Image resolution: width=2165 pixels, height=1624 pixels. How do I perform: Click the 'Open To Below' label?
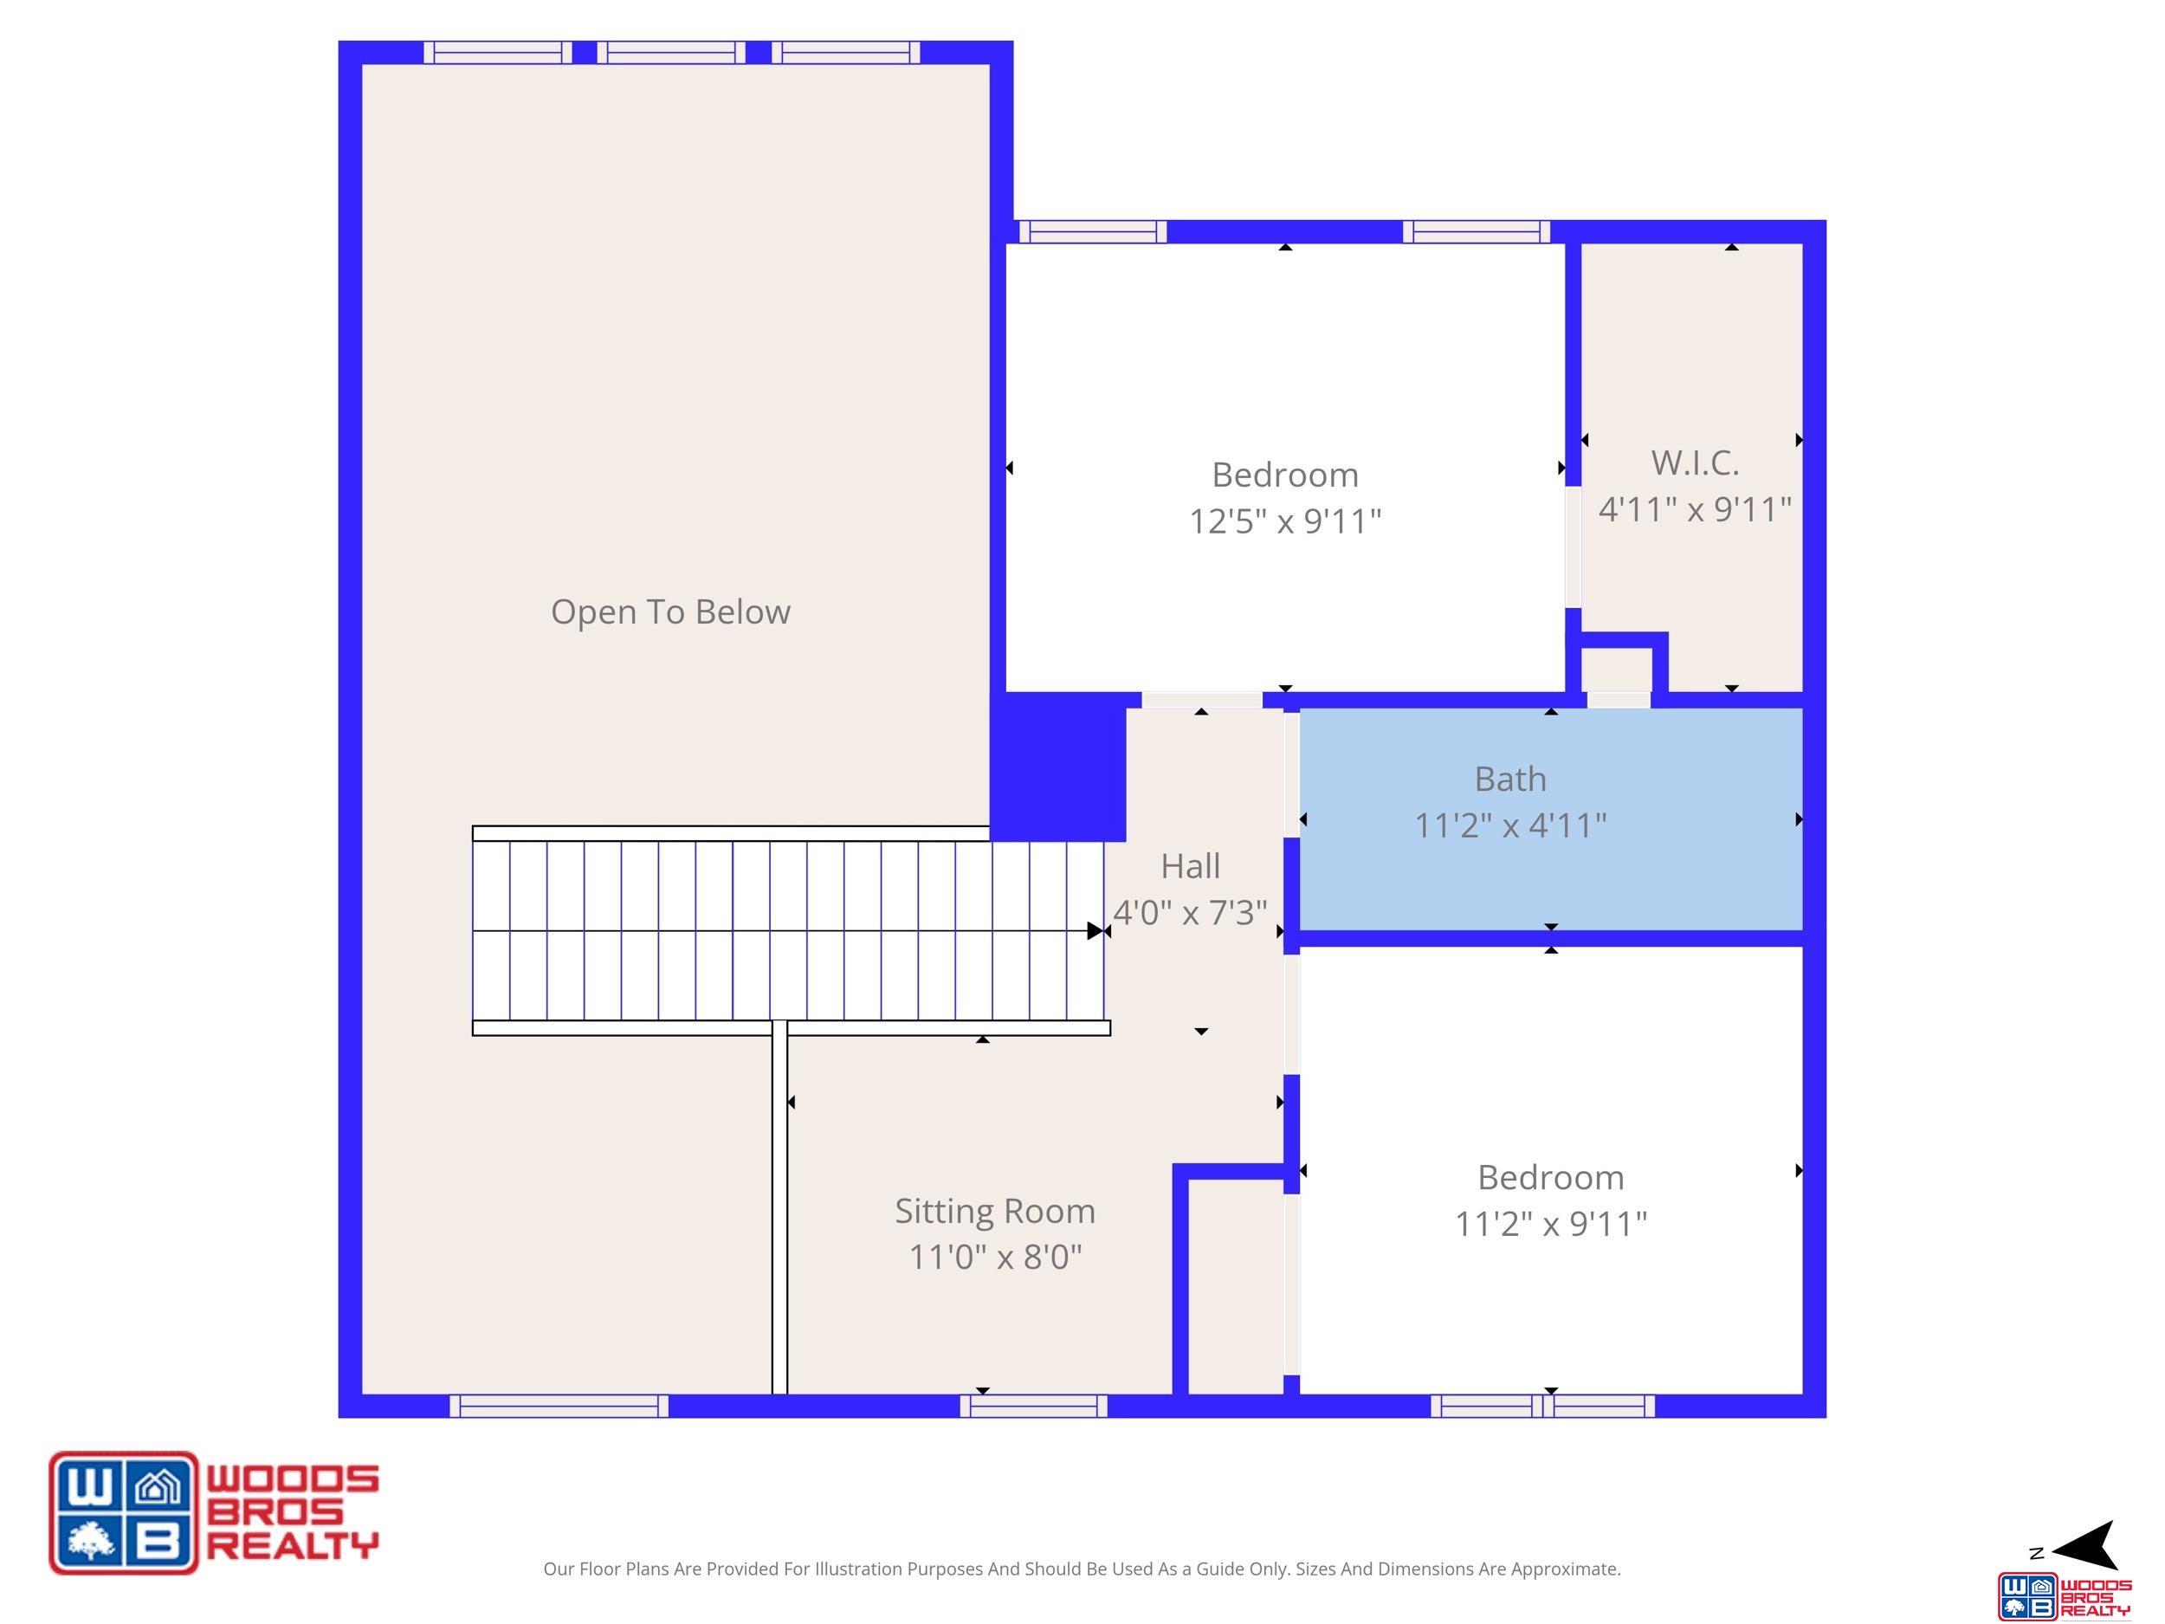point(670,611)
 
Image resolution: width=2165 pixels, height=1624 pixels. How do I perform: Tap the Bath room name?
point(1510,780)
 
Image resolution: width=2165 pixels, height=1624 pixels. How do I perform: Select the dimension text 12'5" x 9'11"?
point(1285,521)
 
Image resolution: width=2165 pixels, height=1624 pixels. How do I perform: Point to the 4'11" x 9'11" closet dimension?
point(1694,509)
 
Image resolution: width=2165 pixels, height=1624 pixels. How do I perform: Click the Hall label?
point(1190,866)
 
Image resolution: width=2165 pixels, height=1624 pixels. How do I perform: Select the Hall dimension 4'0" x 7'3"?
point(1190,912)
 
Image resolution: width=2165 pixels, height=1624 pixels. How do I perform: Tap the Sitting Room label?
point(994,1212)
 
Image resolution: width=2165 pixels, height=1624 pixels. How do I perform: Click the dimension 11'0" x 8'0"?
point(994,1257)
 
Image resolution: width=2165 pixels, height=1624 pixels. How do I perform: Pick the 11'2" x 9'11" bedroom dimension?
point(1550,1224)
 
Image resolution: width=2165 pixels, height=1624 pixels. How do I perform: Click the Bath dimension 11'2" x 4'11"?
point(1510,825)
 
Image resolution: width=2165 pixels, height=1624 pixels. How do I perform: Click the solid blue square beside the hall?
point(1058,767)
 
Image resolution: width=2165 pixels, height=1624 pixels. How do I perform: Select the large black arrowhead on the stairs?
point(1095,931)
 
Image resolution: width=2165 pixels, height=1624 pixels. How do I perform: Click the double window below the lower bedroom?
point(1542,1406)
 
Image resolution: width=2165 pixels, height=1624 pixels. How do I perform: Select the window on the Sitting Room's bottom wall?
point(1033,1406)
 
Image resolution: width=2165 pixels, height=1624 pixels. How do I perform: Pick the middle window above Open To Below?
point(671,53)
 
